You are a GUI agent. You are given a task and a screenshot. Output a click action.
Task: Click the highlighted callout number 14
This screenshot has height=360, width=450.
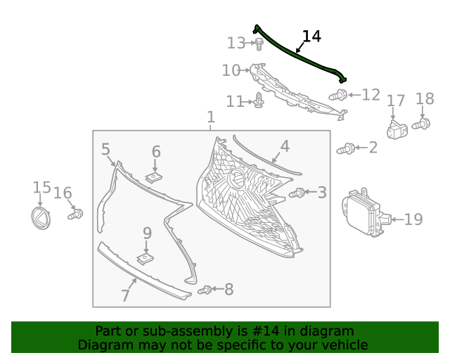311,36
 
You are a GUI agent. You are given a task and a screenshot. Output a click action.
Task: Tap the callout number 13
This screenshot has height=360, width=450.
236,44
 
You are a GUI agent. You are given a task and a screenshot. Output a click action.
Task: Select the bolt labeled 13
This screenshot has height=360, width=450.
259,44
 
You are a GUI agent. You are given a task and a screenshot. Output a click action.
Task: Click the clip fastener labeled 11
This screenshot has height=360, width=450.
259,101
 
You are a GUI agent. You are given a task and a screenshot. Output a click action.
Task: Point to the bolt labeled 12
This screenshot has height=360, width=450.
339,94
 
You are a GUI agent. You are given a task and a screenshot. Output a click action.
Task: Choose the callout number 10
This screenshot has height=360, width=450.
231,70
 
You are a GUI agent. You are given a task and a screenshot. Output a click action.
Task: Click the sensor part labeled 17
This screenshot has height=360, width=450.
397,129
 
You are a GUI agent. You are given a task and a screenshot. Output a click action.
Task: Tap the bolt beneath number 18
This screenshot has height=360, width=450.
421,124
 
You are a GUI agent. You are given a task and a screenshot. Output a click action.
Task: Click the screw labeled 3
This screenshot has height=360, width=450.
297,192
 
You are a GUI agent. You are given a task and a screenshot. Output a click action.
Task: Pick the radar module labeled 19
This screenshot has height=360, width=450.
363,213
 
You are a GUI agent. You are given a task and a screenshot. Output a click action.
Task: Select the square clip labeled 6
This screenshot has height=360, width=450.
155,176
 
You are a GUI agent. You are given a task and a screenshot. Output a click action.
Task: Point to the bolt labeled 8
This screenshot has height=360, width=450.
205,290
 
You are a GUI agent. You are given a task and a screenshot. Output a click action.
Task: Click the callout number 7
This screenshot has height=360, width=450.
125,295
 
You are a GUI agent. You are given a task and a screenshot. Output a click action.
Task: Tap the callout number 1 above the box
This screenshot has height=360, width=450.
211,117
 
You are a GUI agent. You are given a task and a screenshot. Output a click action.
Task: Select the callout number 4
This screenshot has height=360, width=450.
284,146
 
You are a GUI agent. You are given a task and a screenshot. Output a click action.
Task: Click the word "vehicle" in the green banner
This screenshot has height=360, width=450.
342,345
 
